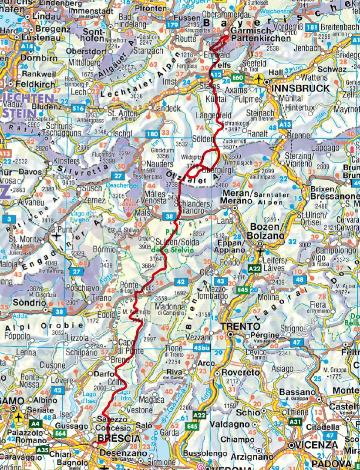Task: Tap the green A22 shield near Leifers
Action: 255,270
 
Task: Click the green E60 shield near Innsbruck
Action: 239,77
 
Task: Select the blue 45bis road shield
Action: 203,347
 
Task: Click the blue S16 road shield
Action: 79,107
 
